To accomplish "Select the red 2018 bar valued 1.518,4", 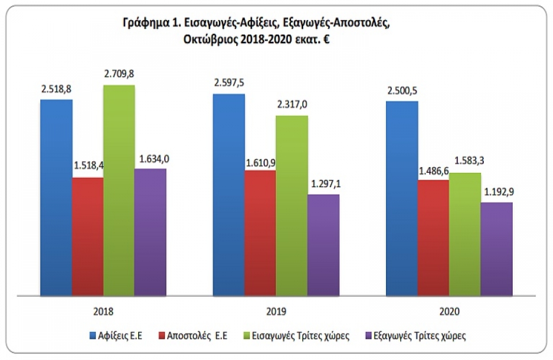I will tap(88, 236).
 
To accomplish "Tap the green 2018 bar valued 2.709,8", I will tap(119, 190).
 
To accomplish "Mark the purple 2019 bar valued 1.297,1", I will tap(323, 245).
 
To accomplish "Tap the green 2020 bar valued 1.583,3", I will tap(464, 234).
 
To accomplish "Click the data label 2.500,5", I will tap(402, 90).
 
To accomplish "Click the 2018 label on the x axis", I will tap(103, 312).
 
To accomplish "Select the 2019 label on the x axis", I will tap(276, 312).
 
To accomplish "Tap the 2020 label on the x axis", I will tap(450, 312).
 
